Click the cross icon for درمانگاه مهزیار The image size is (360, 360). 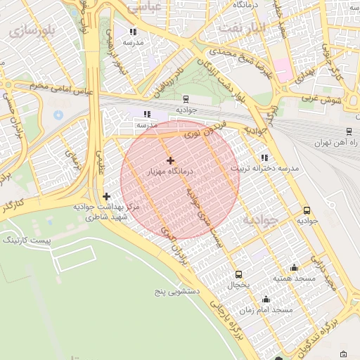tap(170, 160)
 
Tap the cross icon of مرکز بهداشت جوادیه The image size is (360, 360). tap(106, 197)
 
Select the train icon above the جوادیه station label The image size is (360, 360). tap(186, 99)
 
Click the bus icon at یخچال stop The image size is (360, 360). tap(238, 274)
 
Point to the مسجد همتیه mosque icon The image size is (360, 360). tap(294, 267)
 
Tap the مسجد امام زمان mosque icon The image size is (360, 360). tap(265, 299)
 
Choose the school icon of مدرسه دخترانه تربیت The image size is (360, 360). tap(264, 158)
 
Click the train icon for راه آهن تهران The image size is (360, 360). tap(349, 131)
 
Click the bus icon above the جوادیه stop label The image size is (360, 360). tap(307, 210)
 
